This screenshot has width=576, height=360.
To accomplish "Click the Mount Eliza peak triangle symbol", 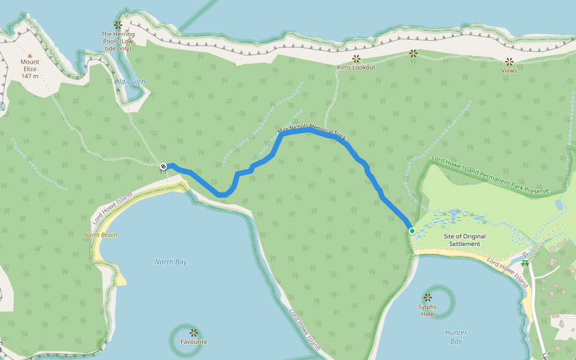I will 29,55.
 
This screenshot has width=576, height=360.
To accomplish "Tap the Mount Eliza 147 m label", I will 29,68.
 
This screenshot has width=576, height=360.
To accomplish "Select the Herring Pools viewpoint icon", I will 118,25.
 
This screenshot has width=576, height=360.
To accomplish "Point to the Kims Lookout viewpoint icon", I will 356,58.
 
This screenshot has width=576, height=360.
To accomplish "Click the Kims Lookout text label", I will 356,67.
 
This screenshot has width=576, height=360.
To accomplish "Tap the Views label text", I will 509,70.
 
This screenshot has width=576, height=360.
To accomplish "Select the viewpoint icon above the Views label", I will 509,61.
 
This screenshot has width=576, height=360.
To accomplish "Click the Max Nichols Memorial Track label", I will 312,133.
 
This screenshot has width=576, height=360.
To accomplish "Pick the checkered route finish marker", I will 163,166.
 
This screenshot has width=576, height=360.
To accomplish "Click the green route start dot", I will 412,230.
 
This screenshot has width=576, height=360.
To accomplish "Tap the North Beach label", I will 101,235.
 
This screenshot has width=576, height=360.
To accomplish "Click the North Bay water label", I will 171,262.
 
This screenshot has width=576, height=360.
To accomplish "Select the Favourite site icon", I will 193,332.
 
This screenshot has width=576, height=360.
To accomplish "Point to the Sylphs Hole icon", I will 427,297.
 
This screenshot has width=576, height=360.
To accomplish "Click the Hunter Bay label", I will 456,337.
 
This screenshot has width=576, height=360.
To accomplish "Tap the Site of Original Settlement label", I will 465,240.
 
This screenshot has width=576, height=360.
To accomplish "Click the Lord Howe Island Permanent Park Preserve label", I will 490,174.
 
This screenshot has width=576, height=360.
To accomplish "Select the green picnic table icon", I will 526,262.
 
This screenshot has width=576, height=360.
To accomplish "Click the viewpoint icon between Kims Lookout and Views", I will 413,53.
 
